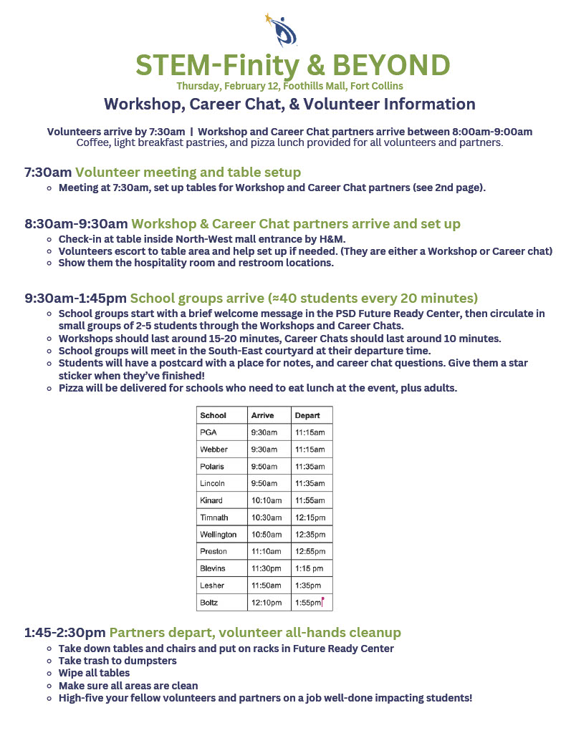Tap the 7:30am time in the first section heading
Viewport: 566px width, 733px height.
48,173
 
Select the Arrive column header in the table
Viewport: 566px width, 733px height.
259,415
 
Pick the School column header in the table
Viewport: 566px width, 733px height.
213,415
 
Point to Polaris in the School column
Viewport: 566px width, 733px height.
213,467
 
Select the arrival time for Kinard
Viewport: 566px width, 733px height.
266,500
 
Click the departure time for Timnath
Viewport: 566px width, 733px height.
310,518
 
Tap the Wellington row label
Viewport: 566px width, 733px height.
219,535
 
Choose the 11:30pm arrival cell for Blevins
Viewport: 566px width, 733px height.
266,568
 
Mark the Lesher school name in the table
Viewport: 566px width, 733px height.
213,586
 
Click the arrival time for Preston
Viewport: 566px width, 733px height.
266,552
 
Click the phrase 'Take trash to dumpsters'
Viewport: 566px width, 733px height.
117,661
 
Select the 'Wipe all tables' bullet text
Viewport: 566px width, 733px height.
94,673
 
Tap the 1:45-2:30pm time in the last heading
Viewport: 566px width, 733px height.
64,633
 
